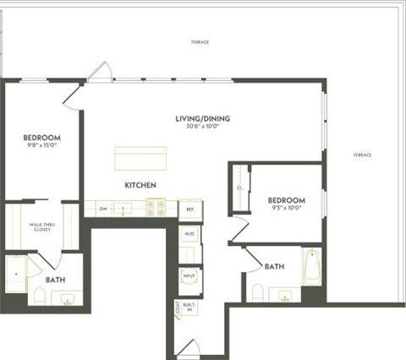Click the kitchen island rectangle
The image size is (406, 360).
tap(140, 159)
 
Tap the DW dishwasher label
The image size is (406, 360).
tap(103, 208)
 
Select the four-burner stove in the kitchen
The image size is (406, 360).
tap(155, 207)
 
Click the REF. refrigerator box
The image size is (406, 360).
tap(189, 208)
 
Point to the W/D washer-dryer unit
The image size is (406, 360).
tap(189, 234)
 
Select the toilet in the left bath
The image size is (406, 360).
tap(39, 295)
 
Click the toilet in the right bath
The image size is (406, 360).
tap(257, 292)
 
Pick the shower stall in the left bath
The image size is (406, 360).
tap(16, 272)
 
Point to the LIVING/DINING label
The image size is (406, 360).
tap(203, 118)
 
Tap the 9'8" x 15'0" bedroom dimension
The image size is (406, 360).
tap(41, 145)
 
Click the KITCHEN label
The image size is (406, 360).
tap(141, 184)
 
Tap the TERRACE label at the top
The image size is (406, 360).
tap(200, 41)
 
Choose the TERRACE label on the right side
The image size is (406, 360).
tap(362, 155)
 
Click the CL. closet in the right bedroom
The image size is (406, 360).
tap(240, 188)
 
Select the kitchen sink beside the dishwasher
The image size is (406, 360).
tap(124, 208)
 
